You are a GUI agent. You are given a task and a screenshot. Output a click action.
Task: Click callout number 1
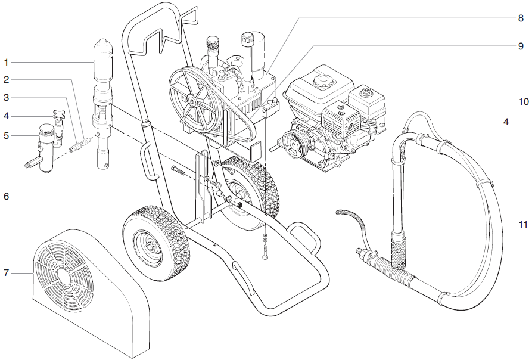(6, 62)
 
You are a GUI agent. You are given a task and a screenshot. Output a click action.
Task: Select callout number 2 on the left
(6, 79)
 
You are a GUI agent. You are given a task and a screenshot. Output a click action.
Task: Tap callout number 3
(6, 97)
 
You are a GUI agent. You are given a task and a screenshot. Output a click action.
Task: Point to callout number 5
(6, 135)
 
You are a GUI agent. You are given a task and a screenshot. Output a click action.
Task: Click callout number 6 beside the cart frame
(6, 196)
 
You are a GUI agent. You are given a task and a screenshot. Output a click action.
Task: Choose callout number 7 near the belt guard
(6, 273)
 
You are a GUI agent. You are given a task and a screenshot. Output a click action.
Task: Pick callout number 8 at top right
(519, 18)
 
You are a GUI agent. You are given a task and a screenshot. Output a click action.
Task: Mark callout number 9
(519, 46)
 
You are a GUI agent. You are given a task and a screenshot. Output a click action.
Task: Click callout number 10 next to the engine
(522, 102)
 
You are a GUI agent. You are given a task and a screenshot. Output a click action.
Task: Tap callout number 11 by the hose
(522, 224)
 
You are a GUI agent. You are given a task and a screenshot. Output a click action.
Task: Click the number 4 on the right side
(506, 122)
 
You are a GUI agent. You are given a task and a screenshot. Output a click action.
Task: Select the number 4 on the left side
(6, 116)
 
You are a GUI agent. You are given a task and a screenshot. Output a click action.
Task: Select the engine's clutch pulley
(292, 144)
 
